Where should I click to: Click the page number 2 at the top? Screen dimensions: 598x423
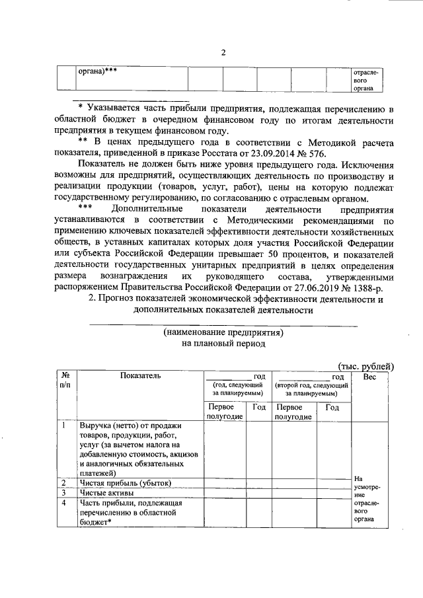pos(223,54)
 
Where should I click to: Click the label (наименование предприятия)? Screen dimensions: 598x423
pos(223,332)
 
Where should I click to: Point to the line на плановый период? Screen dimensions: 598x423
pos(223,344)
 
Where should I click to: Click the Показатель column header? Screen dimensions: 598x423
pos(140,375)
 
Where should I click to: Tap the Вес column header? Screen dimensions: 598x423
pos(369,375)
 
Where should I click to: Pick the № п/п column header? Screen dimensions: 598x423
pos(65,379)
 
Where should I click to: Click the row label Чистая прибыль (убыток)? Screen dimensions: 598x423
pos(124,483)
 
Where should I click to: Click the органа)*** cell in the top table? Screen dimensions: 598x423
pos(98,71)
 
